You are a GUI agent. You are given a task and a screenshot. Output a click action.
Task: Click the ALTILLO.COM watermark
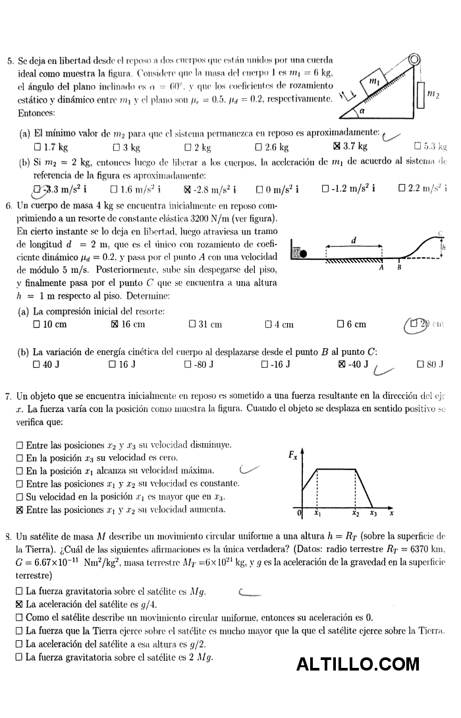pyautogui.click(x=358, y=664)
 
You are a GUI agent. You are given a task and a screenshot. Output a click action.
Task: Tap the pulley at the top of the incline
pyautogui.click(x=415, y=61)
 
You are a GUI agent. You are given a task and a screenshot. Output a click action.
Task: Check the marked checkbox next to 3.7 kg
pyautogui.click(x=337, y=146)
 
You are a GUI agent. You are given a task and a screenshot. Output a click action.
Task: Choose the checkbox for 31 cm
pyautogui.click(x=192, y=324)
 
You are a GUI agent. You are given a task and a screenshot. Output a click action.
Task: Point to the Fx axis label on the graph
pyautogui.click(x=293, y=454)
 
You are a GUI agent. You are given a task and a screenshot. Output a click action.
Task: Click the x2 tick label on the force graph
pyautogui.click(x=356, y=513)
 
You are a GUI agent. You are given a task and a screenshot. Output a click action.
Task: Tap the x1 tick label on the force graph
pyautogui.click(x=317, y=513)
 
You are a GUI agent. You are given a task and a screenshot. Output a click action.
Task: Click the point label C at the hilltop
pyautogui.click(x=439, y=233)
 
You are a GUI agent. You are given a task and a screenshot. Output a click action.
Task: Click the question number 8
pyautogui.click(x=7, y=536)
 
